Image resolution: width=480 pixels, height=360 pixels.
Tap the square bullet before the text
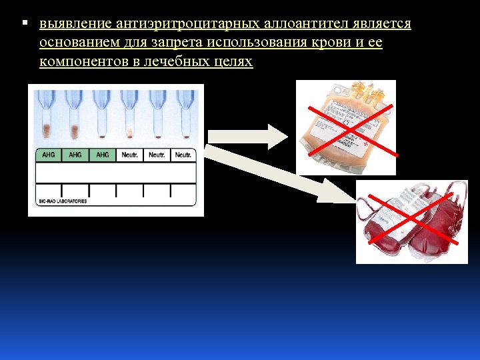(24, 23)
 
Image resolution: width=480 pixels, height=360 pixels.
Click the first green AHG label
(48, 155)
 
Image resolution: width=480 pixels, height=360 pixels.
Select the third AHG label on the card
(102, 155)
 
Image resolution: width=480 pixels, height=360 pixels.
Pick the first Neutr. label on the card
(129, 155)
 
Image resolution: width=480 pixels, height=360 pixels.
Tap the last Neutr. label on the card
(183, 155)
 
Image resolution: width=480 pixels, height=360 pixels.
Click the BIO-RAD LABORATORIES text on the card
(63, 201)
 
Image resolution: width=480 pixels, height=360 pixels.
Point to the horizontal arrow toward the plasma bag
(247, 136)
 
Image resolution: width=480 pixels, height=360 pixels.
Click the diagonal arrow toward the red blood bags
(280, 175)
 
